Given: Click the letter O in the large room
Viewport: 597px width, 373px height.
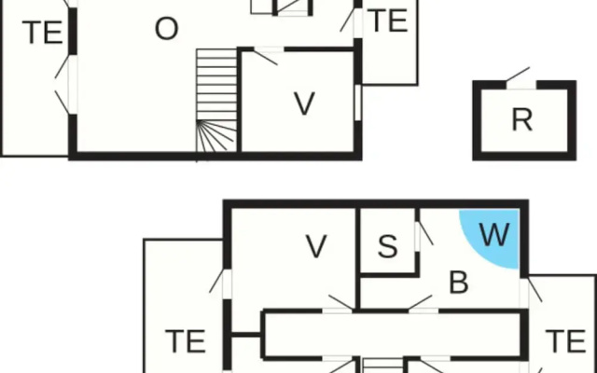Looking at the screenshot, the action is coord(166,29).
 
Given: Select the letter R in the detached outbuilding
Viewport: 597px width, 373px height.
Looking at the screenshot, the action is coord(522,119).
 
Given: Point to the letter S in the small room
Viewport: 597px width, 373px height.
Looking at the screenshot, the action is coord(388,246).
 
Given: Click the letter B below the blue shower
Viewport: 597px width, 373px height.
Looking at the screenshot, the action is coord(458,283).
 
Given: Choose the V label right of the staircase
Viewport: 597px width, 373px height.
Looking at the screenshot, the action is coord(305,104).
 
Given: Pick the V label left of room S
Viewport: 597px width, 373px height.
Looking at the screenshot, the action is coord(316,246).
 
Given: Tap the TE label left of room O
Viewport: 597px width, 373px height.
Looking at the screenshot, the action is coord(42,33).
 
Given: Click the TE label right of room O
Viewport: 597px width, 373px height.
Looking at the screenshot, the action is coord(389,21).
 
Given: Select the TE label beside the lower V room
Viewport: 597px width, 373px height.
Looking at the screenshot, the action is coord(186,341).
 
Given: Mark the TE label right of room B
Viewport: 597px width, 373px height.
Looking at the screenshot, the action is coord(565,341).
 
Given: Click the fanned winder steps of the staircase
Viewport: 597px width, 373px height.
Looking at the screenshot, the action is coord(216,136).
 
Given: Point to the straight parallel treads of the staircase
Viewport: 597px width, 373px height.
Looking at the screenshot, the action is coord(216,85).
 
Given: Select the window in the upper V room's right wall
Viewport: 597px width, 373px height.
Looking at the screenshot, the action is coord(357,103).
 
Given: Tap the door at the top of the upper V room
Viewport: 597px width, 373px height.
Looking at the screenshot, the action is coord(267,55).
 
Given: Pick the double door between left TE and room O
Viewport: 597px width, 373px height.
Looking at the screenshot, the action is coord(66,85).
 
